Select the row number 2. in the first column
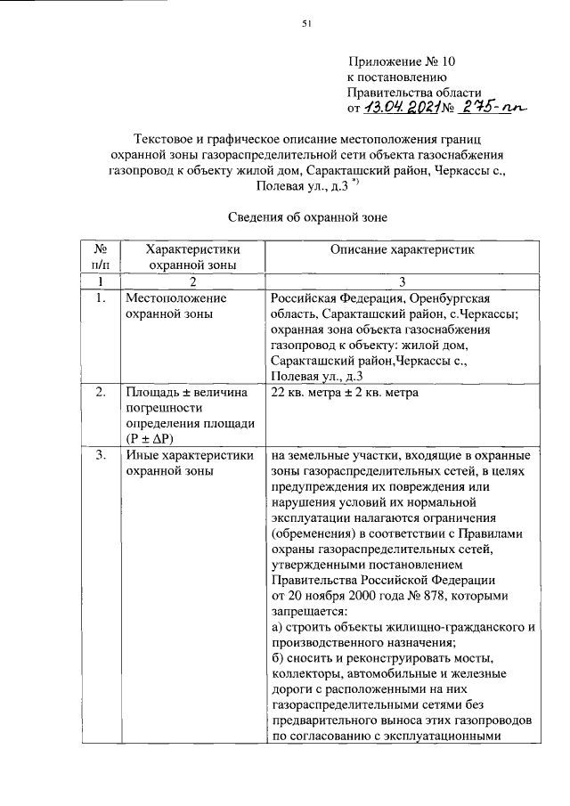point(101,393)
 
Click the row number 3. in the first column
point(101,456)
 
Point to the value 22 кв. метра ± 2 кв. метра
point(342,393)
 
